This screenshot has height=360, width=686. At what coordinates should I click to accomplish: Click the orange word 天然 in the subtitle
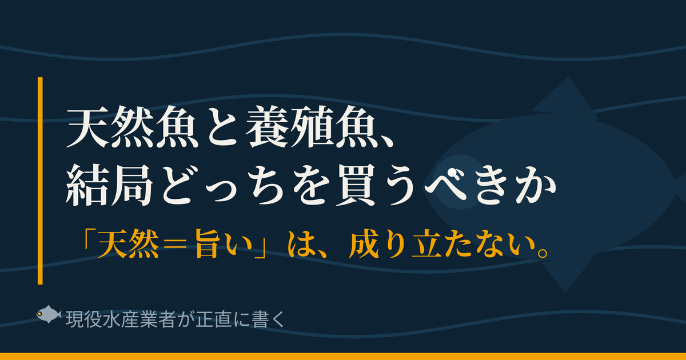(129, 244)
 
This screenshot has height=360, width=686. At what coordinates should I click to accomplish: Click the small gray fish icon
(49, 314)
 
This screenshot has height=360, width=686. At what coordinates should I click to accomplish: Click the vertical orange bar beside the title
(40, 181)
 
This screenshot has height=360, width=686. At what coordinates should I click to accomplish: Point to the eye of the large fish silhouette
(453, 174)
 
